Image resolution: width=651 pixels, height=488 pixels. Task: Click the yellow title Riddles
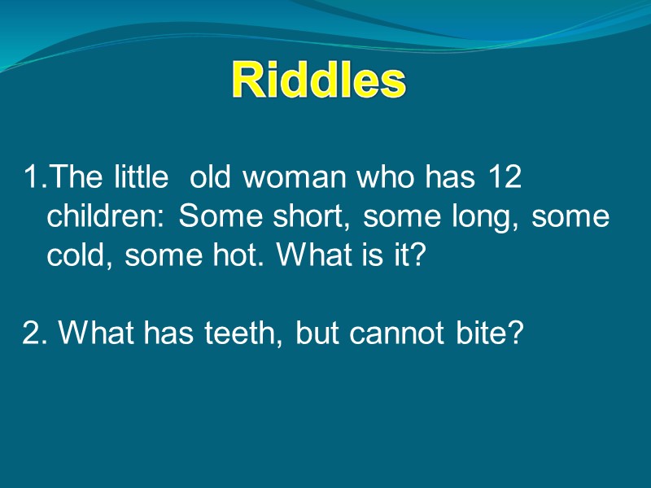318,81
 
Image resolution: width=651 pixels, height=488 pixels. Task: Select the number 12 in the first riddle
505,177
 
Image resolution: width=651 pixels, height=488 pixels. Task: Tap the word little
141,177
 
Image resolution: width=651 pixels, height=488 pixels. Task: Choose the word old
214,177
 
